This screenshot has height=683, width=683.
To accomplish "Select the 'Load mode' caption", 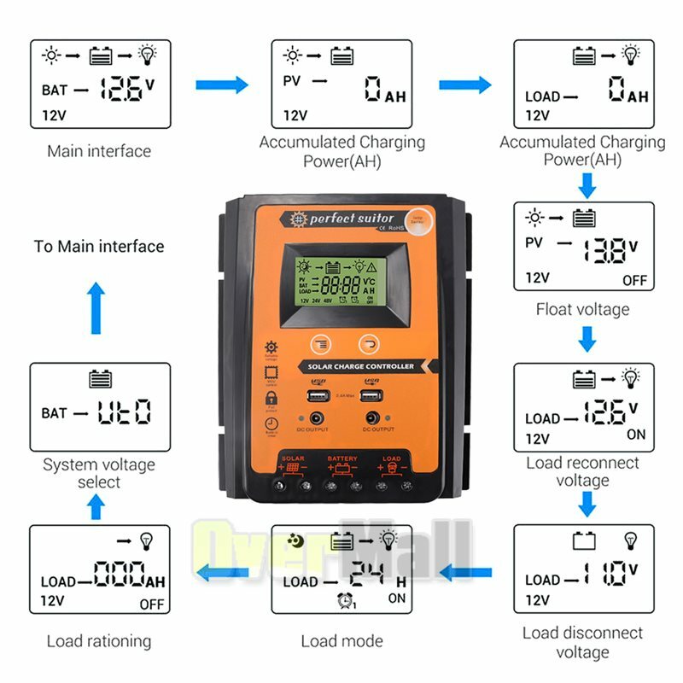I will [x=341, y=641].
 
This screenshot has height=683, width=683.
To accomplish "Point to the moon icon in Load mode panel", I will [x=295, y=540].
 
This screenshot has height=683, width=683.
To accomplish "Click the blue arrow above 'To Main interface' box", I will [x=97, y=308].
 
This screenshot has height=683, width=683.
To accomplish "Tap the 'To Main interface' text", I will [x=99, y=247].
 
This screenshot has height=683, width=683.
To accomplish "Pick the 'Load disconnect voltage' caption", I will [x=582, y=642].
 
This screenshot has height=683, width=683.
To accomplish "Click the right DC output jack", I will [x=372, y=419].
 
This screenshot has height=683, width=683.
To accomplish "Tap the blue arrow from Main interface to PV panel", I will [x=221, y=85].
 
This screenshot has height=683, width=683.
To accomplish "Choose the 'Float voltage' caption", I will [x=582, y=309].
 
